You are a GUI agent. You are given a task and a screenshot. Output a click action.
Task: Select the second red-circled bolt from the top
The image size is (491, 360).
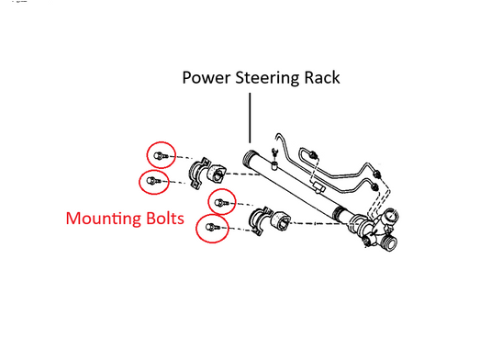[154, 181]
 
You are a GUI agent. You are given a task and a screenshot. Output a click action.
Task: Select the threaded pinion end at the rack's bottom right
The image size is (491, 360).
[375, 241]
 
